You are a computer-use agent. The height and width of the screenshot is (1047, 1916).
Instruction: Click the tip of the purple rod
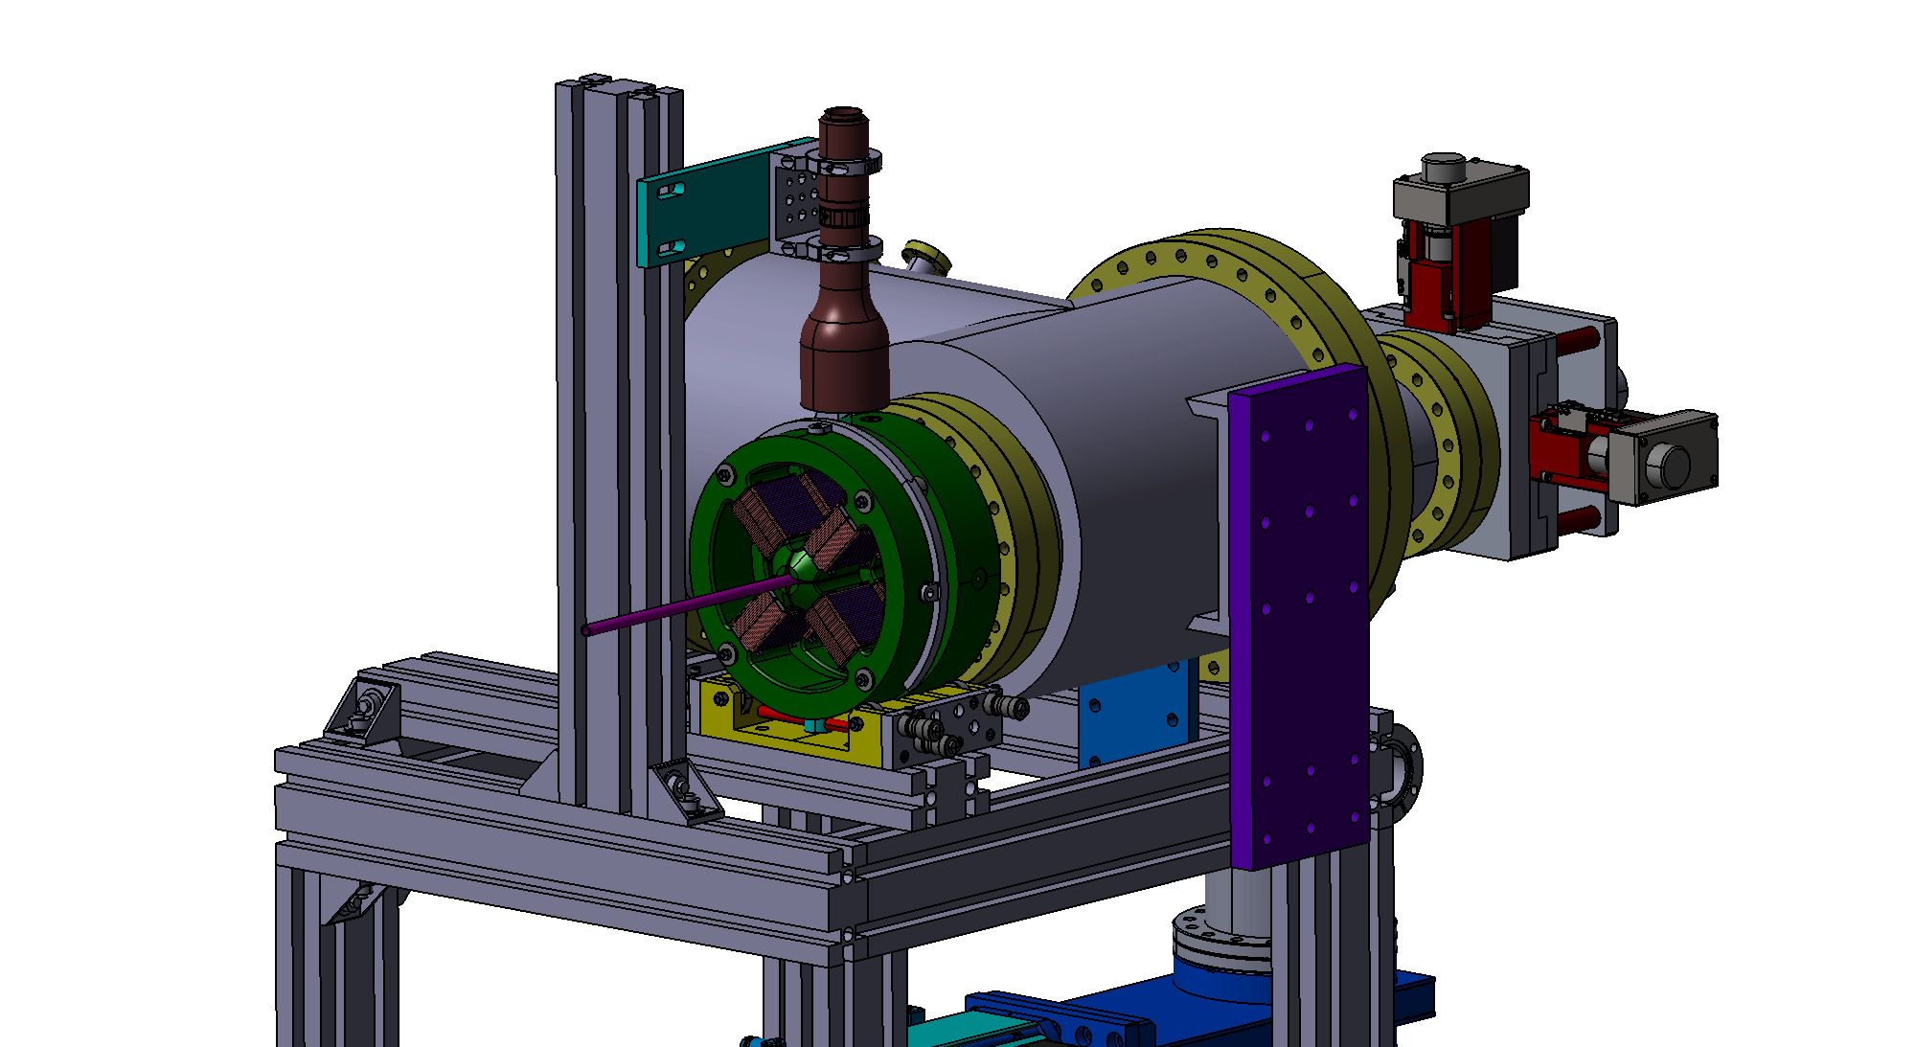tap(586, 630)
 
